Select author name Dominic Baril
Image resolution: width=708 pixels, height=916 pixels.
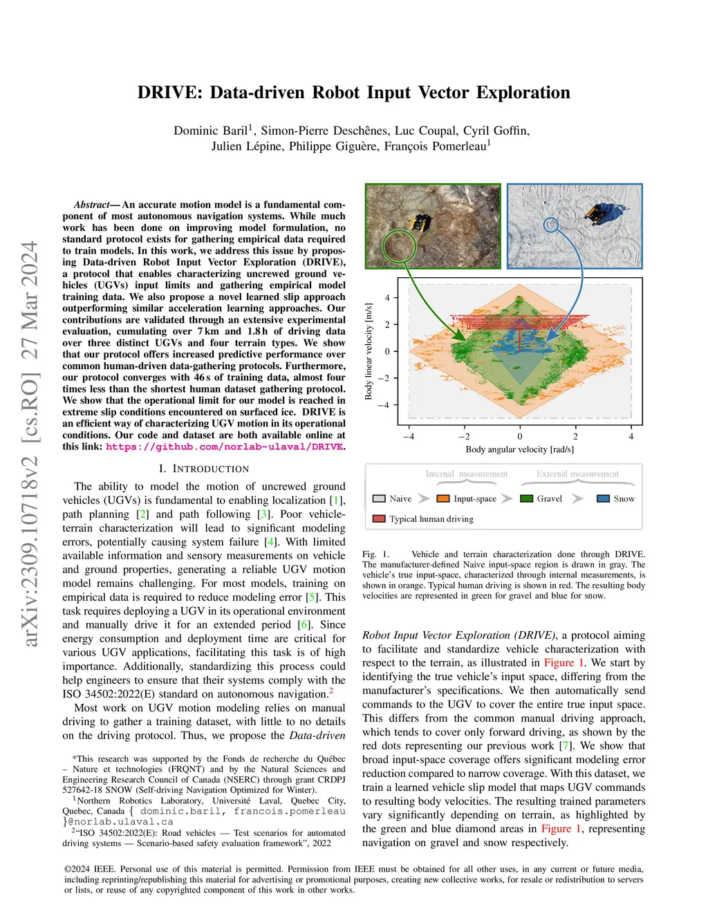210,131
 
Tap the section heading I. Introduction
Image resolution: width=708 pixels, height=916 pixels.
204,469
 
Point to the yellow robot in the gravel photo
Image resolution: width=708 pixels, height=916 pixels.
421,223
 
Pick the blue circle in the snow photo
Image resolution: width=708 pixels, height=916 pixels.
550,225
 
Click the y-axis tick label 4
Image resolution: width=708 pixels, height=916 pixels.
387,298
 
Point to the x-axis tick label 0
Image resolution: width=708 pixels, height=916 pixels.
520,436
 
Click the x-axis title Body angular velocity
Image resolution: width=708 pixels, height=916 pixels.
519,449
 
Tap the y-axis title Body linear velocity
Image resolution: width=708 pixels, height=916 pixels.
369,351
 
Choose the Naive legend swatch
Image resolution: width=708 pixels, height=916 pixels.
379,498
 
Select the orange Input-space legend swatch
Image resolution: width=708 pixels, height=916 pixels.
443,498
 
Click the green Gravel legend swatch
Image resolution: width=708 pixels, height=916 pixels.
526,498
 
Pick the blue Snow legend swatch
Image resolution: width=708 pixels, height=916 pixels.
603,498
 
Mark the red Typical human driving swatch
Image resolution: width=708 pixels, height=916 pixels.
379,518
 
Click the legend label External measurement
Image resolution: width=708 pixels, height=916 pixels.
577,474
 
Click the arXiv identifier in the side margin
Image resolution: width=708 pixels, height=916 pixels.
30,443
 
